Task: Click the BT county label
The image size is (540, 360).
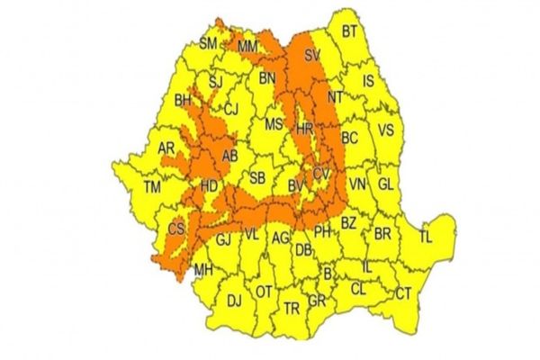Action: pyautogui.click(x=349, y=33)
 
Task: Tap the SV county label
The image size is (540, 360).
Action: pyautogui.click(x=313, y=57)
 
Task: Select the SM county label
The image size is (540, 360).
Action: pyautogui.click(x=208, y=43)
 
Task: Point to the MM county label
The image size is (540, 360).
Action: pyautogui.click(x=247, y=46)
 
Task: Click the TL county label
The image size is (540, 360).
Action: pyautogui.click(x=426, y=238)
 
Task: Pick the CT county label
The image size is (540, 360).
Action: pyautogui.click(x=404, y=292)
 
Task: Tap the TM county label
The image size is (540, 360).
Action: pyautogui.click(x=154, y=188)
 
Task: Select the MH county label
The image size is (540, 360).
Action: pyautogui.click(x=203, y=268)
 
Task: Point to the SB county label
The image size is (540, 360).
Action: pyautogui.click(x=257, y=176)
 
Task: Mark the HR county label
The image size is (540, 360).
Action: pyautogui.click(x=304, y=128)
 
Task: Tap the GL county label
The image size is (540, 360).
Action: pyautogui.click(x=387, y=183)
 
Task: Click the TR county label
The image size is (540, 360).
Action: pyautogui.click(x=292, y=307)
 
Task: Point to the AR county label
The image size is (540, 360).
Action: pyautogui.click(x=166, y=148)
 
